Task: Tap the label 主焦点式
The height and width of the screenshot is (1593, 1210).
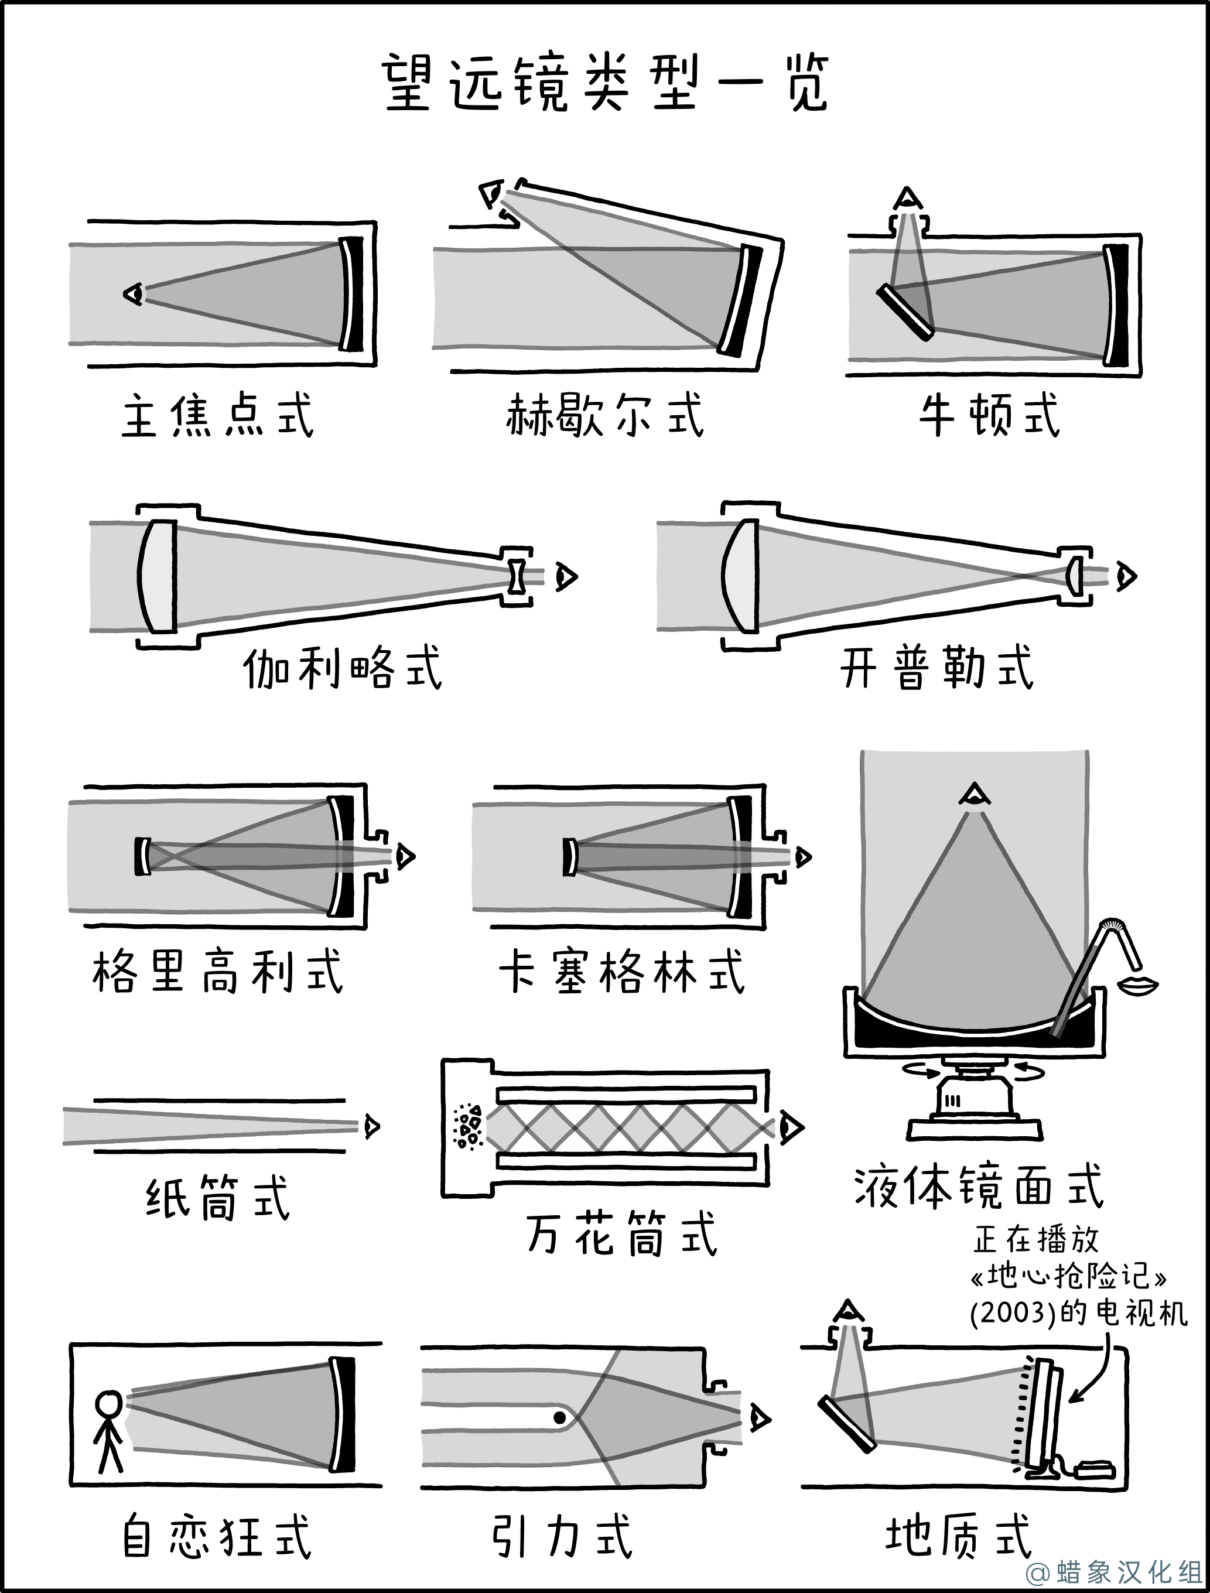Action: pos(217,416)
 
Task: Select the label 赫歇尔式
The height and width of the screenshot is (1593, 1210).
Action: pos(604,416)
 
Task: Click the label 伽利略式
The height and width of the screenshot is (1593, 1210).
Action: pos(342,668)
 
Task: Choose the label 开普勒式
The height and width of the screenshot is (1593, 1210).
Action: pos(937,668)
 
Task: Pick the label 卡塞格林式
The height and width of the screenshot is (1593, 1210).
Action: pos(621,972)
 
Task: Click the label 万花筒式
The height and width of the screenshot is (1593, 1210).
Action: pos(621,1233)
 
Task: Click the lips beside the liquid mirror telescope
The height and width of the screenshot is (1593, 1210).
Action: pos(1137,985)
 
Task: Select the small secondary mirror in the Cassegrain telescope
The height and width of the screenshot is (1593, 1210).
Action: pos(570,856)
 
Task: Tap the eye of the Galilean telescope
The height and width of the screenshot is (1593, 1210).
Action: pos(566,577)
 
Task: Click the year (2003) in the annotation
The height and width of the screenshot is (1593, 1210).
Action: pos(1013,1314)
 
